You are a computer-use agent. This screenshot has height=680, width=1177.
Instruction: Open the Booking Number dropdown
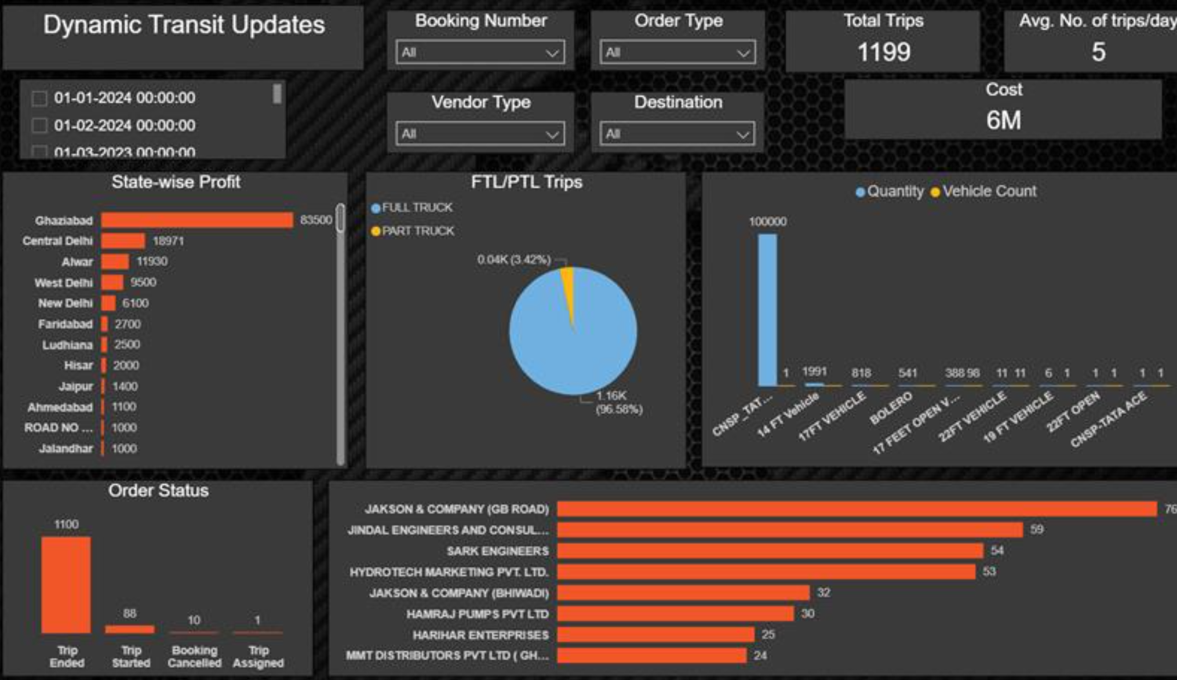pyautogui.click(x=480, y=53)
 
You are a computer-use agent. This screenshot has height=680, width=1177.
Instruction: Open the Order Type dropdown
pyautogui.click(x=677, y=53)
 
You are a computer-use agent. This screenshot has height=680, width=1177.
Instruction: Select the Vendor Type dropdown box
pyautogui.click(x=480, y=134)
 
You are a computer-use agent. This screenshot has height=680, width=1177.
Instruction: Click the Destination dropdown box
pyautogui.click(x=677, y=134)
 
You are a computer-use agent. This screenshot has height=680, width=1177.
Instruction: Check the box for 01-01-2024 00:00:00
pyautogui.click(x=39, y=99)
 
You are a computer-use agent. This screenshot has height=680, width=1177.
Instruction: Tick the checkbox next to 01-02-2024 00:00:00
pyautogui.click(x=39, y=126)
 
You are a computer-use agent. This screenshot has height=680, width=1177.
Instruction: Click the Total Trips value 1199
pyautogui.click(x=883, y=52)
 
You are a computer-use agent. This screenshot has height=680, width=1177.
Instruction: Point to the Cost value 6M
pyautogui.click(x=1003, y=120)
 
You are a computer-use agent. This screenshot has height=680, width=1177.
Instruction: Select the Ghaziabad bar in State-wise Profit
pyautogui.click(x=197, y=220)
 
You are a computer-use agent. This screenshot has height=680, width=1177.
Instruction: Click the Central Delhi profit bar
pyautogui.click(x=123, y=241)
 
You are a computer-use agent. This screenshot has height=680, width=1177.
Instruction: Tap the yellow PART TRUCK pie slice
pyautogui.click(x=569, y=284)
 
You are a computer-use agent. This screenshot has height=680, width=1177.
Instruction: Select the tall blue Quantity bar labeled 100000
pyautogui.click(x=767, y=310)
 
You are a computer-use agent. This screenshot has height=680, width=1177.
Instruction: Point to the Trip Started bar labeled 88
pyautogui.click(x=130, y=629)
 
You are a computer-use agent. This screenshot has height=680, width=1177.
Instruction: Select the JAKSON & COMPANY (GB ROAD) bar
pyautogui.click(x=857, y=509)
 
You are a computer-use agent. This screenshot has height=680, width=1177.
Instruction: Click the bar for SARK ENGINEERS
pyautogui.click(x=770, y=551)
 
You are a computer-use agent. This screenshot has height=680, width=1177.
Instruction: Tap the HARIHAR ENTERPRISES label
pyautogui.click(x=480, y=635)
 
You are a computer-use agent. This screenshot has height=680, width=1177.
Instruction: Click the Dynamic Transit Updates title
pyautogui.click(x=184, y=25)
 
